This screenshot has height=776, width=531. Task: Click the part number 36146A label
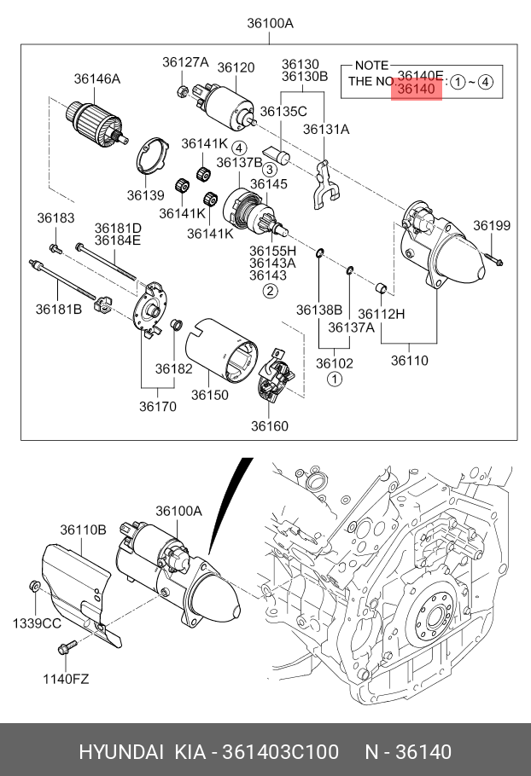(x=96, y=78)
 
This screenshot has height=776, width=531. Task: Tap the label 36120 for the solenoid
(x=236, y=67)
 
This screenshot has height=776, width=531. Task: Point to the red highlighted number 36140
(x=417, y=89)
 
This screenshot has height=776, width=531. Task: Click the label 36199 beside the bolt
(x=492, y=225)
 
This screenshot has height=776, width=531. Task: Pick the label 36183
(x=55, y=218)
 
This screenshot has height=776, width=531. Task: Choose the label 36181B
(x=58, y=309)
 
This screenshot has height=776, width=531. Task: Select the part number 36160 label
(x=270, y=426)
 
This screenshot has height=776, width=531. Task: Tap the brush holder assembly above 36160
(x=275, y=375)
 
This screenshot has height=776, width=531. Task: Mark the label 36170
(x=158, y=407)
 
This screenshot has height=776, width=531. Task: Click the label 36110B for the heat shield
(x=83, y=530)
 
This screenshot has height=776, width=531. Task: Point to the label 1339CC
(x=36, y=623)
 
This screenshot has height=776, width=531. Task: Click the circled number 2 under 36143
(x=270, y=291)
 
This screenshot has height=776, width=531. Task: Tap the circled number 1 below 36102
(x=335, y=378)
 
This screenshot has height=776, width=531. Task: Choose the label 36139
(x=145, y=195)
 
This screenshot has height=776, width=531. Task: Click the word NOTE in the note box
(x=371, y=66)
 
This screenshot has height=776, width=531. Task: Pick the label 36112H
(x=381, y=314)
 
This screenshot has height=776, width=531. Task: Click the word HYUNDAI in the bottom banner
(x=120, y=751)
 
